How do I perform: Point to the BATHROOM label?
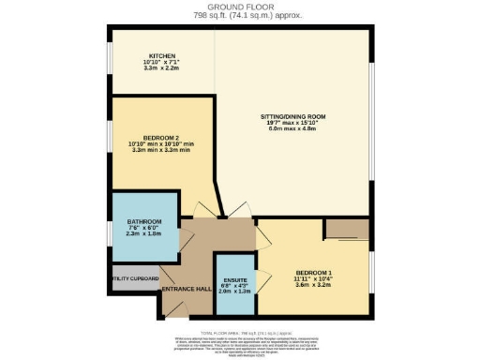point(144,222)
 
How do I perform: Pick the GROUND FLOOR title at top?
point(240,7)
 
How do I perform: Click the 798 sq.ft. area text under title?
point(240,15)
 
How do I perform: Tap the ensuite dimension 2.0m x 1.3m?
point(233,291)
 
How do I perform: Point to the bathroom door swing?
point(186,236)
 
